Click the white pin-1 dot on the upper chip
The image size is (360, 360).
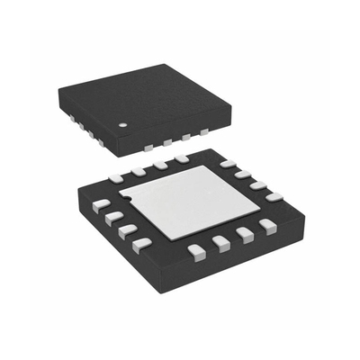[x=124, y=123]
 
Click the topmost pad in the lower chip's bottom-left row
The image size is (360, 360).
[x=102, y=204]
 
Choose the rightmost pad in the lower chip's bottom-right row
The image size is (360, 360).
[x=267, y=225]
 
